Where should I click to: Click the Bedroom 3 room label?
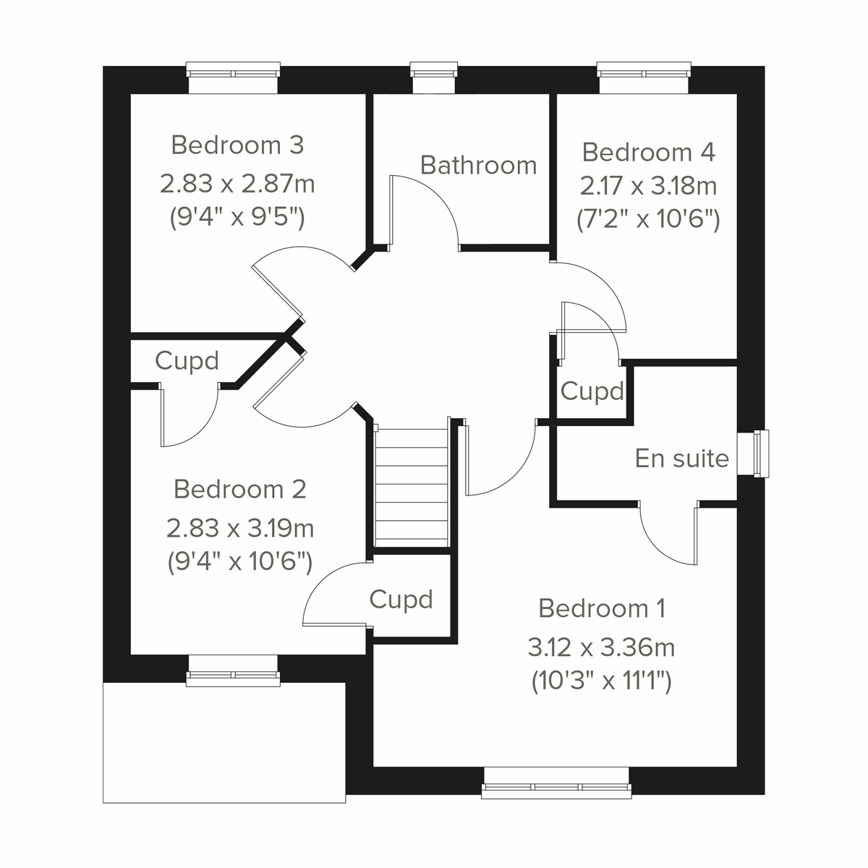(237, 145)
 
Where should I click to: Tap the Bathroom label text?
(478, 166)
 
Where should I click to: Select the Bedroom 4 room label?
(648, 153)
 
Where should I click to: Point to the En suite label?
(681, 459)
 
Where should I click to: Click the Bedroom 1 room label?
(602, 608)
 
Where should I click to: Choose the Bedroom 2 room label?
(239, 490)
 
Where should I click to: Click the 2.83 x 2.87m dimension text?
(237, 184)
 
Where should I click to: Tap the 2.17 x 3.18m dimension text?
(648, 186)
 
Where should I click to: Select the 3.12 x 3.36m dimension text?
(601, 647)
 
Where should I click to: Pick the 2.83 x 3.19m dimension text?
(239, 529)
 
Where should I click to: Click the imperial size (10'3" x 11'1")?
(601, 681)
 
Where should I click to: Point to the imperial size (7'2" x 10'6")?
(648, 218)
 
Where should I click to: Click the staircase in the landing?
(411, 485)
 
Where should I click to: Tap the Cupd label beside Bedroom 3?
(187, 360)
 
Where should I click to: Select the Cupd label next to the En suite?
(592, 391)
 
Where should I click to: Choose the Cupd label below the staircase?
(401, 599)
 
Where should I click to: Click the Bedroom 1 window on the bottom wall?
(556, 786)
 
